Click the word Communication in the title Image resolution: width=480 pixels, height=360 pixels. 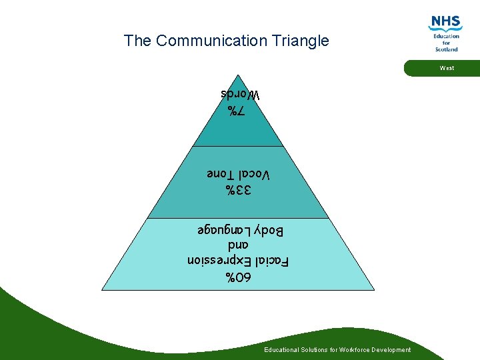[211, 41]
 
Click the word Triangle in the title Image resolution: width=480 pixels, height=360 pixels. [301, 41]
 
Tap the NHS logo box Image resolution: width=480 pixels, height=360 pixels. [446, 23]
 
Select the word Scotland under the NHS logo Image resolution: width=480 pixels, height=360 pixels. [446, 49]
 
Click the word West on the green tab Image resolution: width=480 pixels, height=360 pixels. [447, 68]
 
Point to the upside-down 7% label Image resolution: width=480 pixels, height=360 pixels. [237, 111]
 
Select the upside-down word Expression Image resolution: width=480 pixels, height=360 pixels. [217, 261]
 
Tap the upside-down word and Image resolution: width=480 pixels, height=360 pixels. [239, 246]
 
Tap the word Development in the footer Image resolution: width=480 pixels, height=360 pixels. [393, 350]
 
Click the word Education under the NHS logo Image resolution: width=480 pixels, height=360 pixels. [446, 36]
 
